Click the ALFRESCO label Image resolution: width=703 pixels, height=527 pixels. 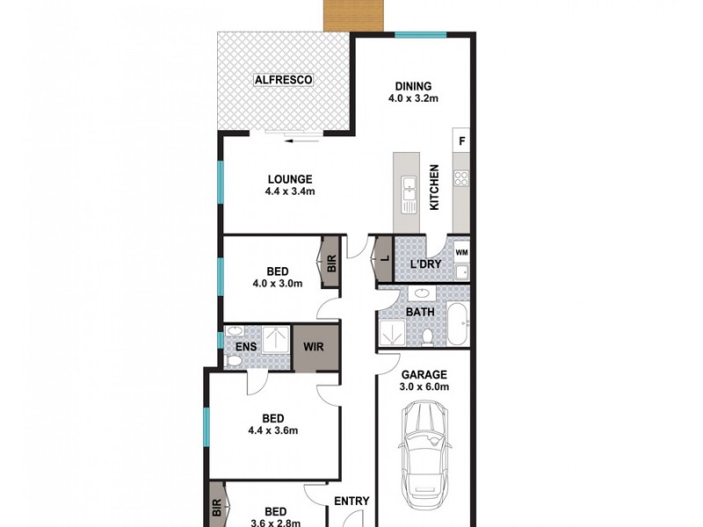tap(284, 81)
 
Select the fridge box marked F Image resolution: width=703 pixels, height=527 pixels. tap(461, 141)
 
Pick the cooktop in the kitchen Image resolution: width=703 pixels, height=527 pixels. tap(461, 178)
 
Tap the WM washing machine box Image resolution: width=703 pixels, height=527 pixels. tap(461, 252)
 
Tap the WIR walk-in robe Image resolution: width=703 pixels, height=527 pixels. tap(315, 346)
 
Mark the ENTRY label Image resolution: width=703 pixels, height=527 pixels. tap(351, 502)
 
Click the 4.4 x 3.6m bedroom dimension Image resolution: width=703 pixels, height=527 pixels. tap(273, 430)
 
